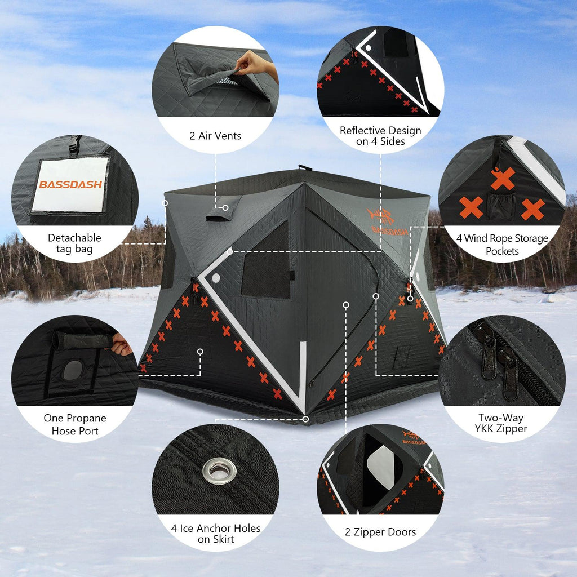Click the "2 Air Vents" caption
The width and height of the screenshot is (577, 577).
(215, 136)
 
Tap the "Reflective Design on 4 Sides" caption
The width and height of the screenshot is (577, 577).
(380, 136)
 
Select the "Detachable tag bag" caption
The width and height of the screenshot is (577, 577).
(74, 243)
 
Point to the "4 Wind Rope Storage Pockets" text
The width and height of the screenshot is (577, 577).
(501, 245)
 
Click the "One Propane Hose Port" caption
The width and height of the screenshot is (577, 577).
(75, 424)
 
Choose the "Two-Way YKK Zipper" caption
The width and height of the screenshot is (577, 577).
(501, 423)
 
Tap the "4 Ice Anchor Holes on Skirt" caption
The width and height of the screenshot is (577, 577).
(216, 534)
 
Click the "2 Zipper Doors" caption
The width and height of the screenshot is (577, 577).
(380, 532)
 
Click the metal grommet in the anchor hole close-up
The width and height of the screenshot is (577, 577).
(219, 471)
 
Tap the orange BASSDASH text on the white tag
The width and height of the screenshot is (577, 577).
(70, 184)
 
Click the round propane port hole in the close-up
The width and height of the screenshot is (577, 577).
(73, 370)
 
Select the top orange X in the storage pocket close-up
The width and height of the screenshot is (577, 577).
(503, 179)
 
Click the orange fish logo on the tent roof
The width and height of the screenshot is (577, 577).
(381, 216)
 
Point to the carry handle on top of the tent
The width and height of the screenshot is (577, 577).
(305, 167)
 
